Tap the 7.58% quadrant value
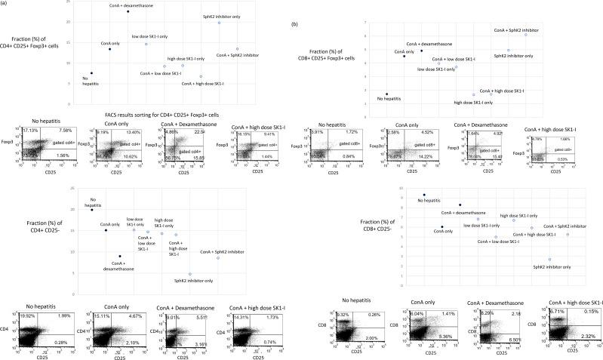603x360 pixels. (x=65, y=131)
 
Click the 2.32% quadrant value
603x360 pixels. (x=589, y=346)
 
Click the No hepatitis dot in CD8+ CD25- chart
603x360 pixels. (x=424, y=195)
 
